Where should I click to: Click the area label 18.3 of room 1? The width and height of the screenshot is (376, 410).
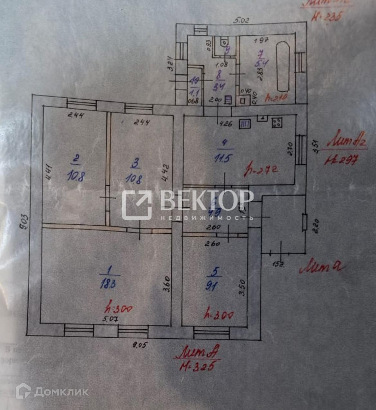pyautogui.click(x=108, y=284)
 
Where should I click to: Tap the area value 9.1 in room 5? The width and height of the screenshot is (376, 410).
pyautogui.click(x=212, y=286)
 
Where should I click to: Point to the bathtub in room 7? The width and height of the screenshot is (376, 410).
pyautogui.click(x=283, y=66)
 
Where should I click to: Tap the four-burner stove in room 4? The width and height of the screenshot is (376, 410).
pyautogui.click(x=277, y=123)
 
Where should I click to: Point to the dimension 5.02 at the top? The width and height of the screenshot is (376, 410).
pyautogui.click(x=241, y=21)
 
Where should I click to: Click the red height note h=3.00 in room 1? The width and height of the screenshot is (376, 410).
pyautogui.click(x=119, y=309)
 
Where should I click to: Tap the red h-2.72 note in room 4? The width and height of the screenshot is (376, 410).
pyautogui.click(x=261, y=170)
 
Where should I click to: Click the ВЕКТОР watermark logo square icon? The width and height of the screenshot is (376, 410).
pyautogui.click(x=137, y=205)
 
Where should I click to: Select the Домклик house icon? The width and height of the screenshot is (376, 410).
pyautogui.click(x=23, y=391)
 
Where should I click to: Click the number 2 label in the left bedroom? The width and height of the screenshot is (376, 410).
pyautogui.click(x=76, y=158)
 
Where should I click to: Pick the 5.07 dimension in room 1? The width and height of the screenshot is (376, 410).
pyautogui.click(x=110, y=319)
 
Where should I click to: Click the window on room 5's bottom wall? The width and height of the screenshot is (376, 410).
pyautogui.click(x=211, y=333)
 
